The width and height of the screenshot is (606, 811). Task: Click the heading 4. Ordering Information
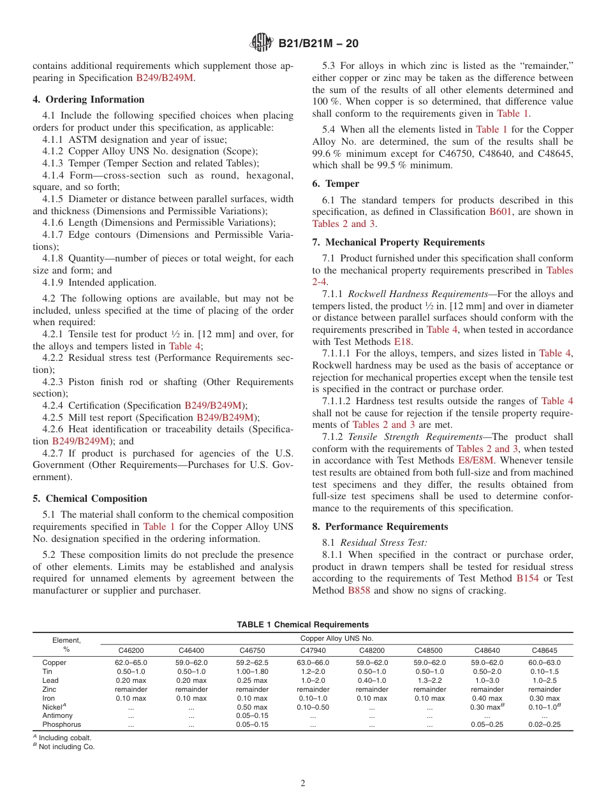(89, 99)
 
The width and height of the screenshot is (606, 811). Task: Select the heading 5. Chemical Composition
(90, 499)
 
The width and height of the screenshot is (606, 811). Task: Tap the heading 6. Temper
(336, 184)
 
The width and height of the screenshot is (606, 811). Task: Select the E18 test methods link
(403, 342)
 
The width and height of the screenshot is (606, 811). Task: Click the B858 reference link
(358, 590)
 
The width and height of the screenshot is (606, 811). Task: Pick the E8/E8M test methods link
(475, 461)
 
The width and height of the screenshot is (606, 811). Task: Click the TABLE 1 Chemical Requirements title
(302, 624)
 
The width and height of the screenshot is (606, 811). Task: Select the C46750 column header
(252, 650)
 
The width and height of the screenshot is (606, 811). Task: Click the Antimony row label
(57, 715)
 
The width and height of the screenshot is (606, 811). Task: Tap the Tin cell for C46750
(252, 671)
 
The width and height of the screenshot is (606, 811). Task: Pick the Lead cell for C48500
(429, 680)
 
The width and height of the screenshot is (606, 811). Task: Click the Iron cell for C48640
(487, 698)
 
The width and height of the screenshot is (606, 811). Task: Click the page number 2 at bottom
(303, 784)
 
